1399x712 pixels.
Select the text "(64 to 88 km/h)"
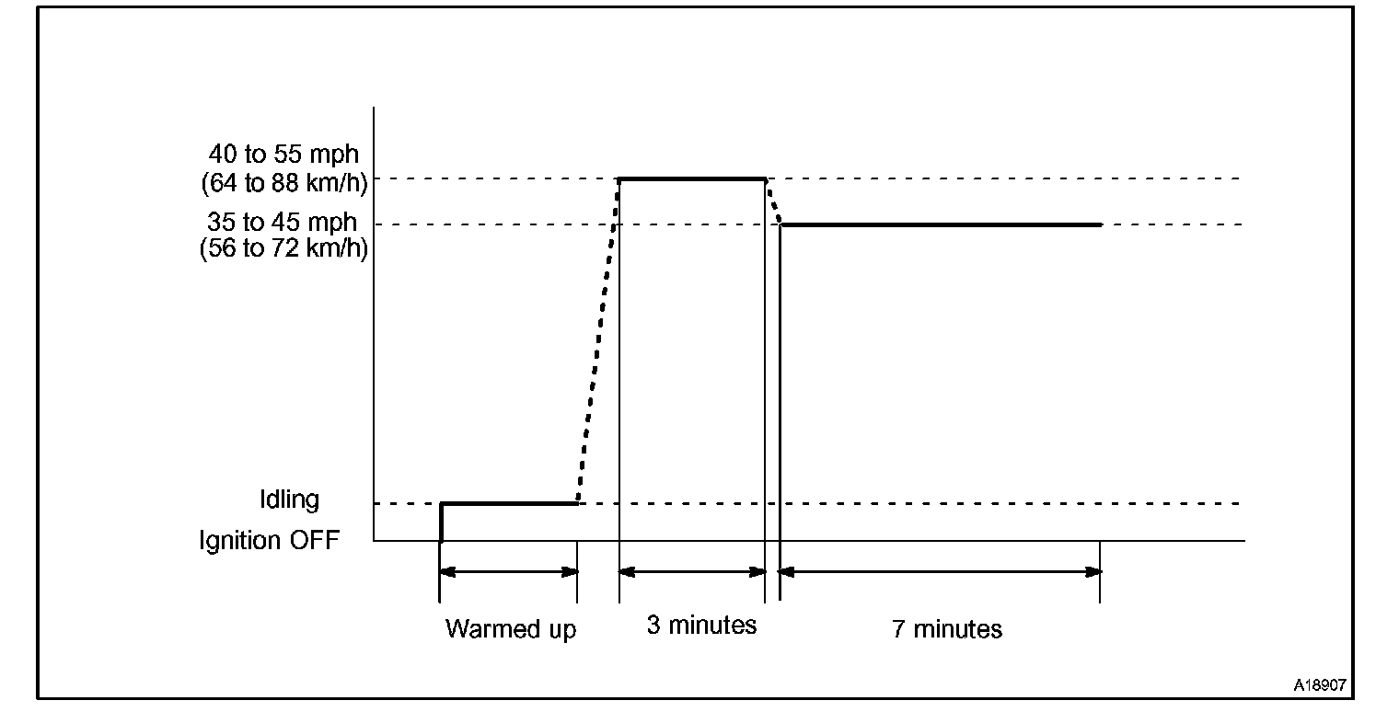pos(283,182)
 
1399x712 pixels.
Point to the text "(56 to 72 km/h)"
pos(283,249)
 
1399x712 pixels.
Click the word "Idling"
pos(289,500)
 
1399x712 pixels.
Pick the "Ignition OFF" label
pos(269,540)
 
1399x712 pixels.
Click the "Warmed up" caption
pos(511,629)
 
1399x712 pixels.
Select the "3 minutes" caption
pos(701,626)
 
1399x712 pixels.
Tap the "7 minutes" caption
pos(947,629)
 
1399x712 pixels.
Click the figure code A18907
pos(1320,685)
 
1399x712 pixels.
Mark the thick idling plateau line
pos(509,503)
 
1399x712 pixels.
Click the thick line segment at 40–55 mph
pos(692,178)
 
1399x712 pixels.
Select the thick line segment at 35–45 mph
pos(941,224)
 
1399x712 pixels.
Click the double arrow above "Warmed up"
pos(509,571)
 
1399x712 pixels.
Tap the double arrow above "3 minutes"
pos(692,571)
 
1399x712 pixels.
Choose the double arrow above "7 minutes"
pos(941,571)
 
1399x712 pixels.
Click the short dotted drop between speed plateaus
pos(773,202)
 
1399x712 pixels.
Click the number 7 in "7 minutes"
pos(898,629)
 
